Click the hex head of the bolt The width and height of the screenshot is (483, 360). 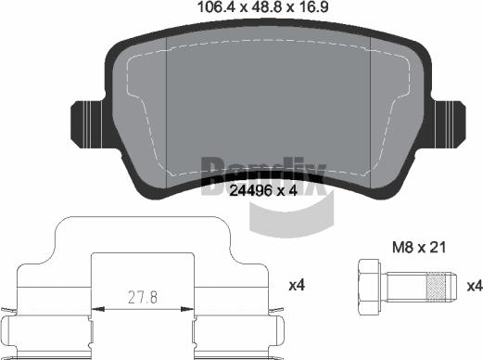366,285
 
